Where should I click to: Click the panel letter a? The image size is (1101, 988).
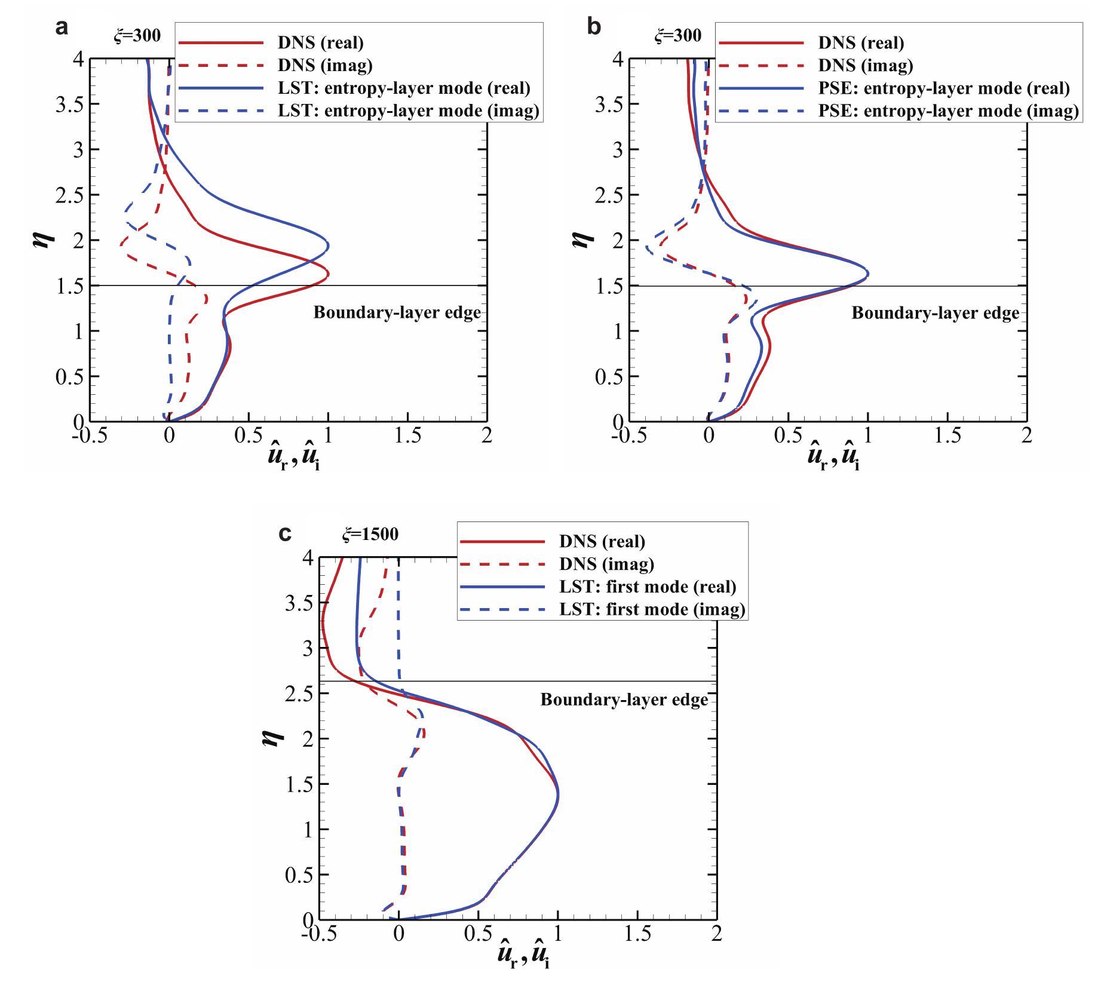click(61, 27)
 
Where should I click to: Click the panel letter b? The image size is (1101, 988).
click(593, 27)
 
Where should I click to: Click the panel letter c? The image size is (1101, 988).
click(286, 533)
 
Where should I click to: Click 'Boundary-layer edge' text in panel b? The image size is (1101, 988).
click(935, 312)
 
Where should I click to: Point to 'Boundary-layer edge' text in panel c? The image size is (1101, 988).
click(624, 699)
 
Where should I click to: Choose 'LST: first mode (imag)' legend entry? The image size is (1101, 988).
click(652, 609)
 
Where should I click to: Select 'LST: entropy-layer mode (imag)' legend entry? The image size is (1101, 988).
click(408, 111)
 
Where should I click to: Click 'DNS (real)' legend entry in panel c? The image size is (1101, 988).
click(602, 541)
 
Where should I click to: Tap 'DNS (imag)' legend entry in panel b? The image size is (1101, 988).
click(865, 65)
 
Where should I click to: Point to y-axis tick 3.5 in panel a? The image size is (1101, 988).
click(69, 105)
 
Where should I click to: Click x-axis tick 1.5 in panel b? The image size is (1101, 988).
click(947, 435)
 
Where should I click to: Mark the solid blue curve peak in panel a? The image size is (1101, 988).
click(329, 245)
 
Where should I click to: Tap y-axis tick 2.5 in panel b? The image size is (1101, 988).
click(609, 195)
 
